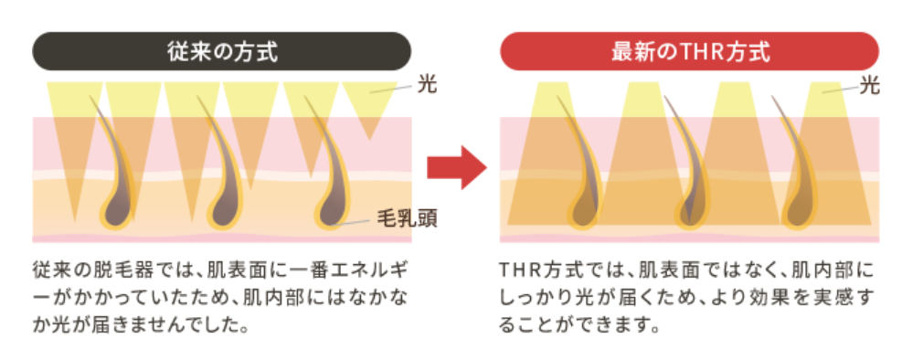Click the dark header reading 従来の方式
pos(221,51)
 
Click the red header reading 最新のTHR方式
pos(689,51)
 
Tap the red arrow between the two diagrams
pos(457,167)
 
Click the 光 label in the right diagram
pos(869,86)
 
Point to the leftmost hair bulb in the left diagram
pos(118,210)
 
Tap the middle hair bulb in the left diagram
pos(226,210)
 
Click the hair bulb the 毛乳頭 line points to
pos(333,210)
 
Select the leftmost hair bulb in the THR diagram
pos(586,210)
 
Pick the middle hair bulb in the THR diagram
pos(693,210)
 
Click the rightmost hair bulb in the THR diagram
pos(800,210)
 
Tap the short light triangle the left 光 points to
pos(369,103)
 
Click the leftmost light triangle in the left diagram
pos(74,130)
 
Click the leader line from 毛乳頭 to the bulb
pos(353,222)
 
